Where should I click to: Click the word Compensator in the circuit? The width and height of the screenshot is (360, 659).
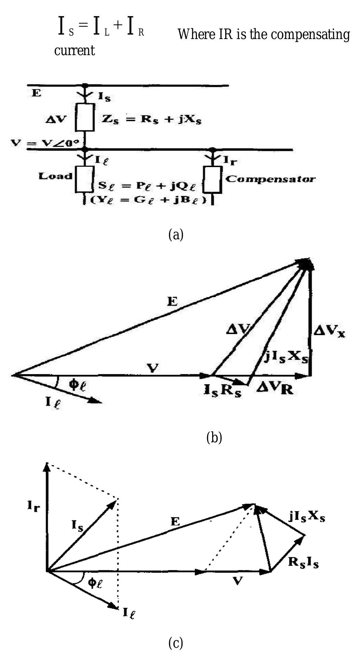tap(270, 179)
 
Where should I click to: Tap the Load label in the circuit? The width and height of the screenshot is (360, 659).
tap(55, 176)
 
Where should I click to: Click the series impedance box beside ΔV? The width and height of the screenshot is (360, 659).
tap(85, 117)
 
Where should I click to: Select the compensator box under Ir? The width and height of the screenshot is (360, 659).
tap(213, 180)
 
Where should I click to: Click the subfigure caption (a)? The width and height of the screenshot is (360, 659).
tap(176, 235)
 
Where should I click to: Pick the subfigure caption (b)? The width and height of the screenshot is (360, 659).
tap(214, 438)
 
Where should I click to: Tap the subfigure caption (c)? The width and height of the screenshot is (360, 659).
tap(176, 643)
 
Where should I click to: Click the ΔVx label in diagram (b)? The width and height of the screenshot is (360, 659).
tap(329, 331)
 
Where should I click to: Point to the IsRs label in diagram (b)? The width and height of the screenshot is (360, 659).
tap(222, 391)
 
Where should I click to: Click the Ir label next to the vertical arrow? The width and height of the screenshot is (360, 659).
tap(34, 507)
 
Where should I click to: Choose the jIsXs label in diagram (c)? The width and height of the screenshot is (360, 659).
tap(307, 517)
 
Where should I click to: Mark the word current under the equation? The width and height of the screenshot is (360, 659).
tap(75, 51)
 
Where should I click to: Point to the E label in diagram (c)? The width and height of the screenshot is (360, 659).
tap(175, 522)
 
